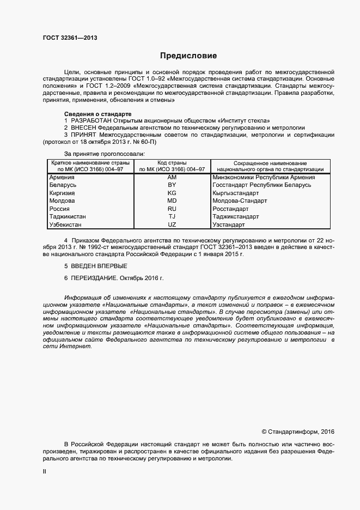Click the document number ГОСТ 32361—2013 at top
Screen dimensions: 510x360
coord(70,38)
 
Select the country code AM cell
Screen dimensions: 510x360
coord(172,178)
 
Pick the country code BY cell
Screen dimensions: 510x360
coord(172,185)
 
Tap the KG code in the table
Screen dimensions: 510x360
coord(172,193)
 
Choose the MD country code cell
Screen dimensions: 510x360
coord(172,201)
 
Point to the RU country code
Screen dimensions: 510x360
coord(172,209)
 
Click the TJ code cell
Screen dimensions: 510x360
coord(172,217)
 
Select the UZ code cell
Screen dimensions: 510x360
coord(172,225)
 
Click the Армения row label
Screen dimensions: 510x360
coord(62,178)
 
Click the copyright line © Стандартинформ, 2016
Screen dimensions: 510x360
coord(298,432)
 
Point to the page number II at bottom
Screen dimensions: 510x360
coord(44,472)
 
